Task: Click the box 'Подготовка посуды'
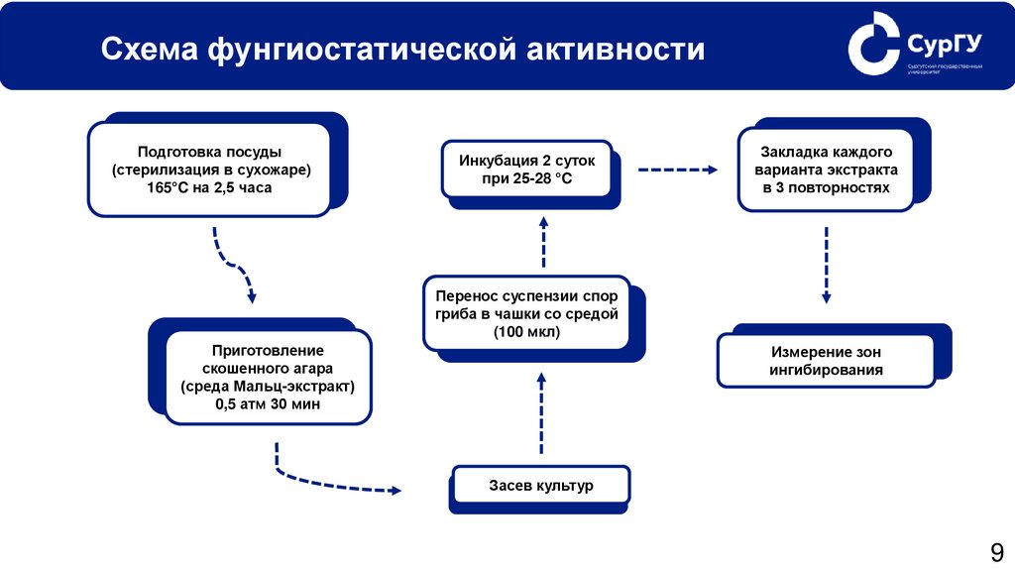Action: [x=209, y=170]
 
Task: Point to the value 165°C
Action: [x=173, y=187]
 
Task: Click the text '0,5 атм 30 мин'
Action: [x=268, y=404]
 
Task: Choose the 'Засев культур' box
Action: [x=540, y=487]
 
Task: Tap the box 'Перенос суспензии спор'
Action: [x=526, y=313]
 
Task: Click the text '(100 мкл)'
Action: [x=526, y=333]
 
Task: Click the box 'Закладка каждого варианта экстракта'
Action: [x=827, y=170]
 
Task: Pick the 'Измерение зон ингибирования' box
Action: [x=826, y=361]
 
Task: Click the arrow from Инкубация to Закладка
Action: [x=676, y=170]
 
